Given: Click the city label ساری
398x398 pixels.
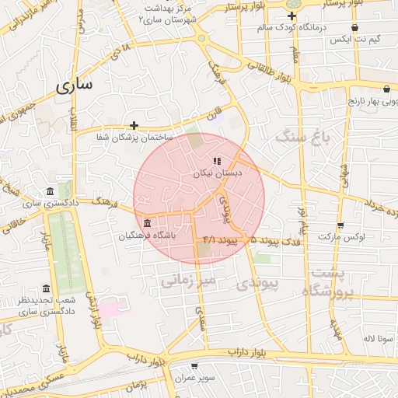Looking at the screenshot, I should tap(74, 86).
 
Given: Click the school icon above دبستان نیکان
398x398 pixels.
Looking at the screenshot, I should tap(216, 161).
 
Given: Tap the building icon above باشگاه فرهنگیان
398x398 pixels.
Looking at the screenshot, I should tap(148, 224).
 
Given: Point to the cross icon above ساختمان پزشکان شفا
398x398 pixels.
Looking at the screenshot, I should tap(134, 124).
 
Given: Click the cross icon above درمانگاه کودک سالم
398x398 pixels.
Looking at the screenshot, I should tap(292, 15).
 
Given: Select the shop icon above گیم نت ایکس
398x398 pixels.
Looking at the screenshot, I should tap(354, 27).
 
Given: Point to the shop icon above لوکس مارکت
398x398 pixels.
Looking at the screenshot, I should tap(340, 223).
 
